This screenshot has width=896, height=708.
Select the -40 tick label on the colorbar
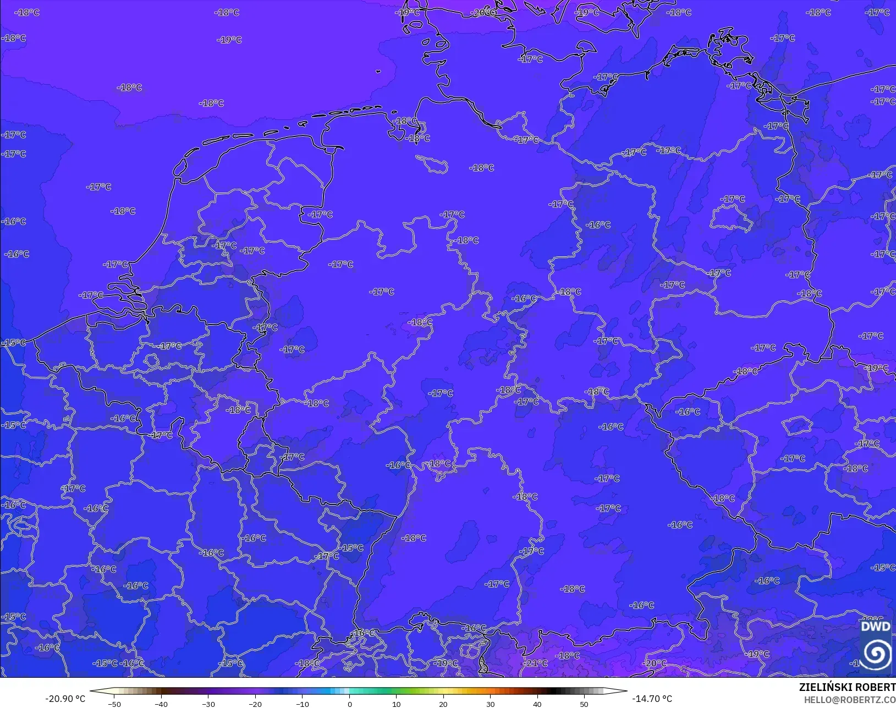[161, 704]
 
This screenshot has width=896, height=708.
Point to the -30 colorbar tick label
[208, 704]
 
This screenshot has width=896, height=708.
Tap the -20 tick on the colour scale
[255, 704]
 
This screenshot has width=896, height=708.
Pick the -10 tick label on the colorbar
[302, 704]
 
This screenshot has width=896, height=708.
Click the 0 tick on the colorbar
[349, 704]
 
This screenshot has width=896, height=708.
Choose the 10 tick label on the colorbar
[396, 704]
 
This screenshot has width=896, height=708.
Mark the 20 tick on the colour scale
[443, 704]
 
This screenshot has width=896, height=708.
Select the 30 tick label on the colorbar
[490, 704]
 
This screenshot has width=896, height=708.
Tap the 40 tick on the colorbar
[537, 704]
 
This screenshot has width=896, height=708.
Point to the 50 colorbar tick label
[584, 704]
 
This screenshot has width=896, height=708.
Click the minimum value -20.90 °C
[65, 699]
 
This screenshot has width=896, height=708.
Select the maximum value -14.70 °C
[652, 699]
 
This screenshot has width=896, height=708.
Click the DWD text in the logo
[875, 627]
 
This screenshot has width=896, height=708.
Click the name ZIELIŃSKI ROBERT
[847, 687]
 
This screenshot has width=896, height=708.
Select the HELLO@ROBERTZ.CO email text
[850, 699]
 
